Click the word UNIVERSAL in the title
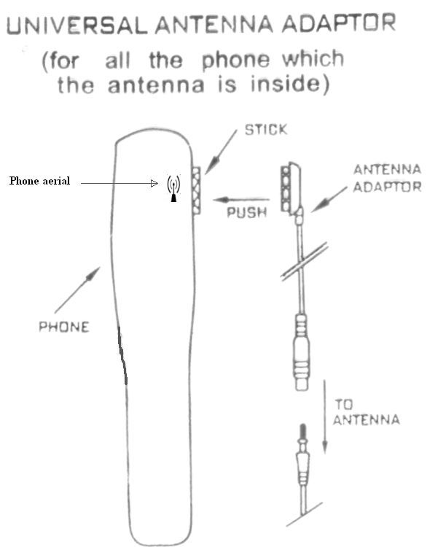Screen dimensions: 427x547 coord(77,25)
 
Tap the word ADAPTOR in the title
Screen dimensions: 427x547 coord(339,23)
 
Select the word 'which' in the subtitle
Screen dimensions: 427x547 coord(313,58)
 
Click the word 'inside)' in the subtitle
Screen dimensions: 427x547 coord(290,84)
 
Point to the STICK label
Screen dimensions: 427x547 coord(266,130)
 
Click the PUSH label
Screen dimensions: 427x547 coord(247,212)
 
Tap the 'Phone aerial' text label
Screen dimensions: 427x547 coord(40,181)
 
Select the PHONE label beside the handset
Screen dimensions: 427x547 coord(64,327)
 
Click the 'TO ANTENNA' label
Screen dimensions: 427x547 coord(366,412)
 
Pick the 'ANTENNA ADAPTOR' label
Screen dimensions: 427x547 coord(387,178)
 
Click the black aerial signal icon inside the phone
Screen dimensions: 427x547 coord(173,189)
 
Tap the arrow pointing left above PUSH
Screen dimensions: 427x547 coord(241,200)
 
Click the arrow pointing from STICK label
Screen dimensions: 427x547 coord(221,152)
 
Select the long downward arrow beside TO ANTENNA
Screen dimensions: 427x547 coord(325,417)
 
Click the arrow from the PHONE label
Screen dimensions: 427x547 coord(77,290)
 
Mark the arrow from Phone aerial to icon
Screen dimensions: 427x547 coord(120,183)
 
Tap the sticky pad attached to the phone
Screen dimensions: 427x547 coord(197,190)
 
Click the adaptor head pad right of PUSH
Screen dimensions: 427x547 coord(290,189)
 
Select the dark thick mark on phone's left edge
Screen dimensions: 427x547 coord(122,356)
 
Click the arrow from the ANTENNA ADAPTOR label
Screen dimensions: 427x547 coord(329,199)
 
